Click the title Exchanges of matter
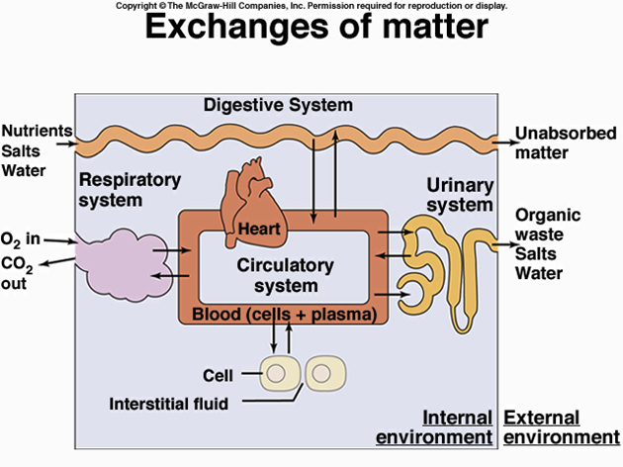pos(315,28)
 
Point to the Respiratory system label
pos(129,189)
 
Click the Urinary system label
pos(459,195)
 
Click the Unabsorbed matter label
pos(555,142)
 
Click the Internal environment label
pos(457,426)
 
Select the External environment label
pos(561,426)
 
